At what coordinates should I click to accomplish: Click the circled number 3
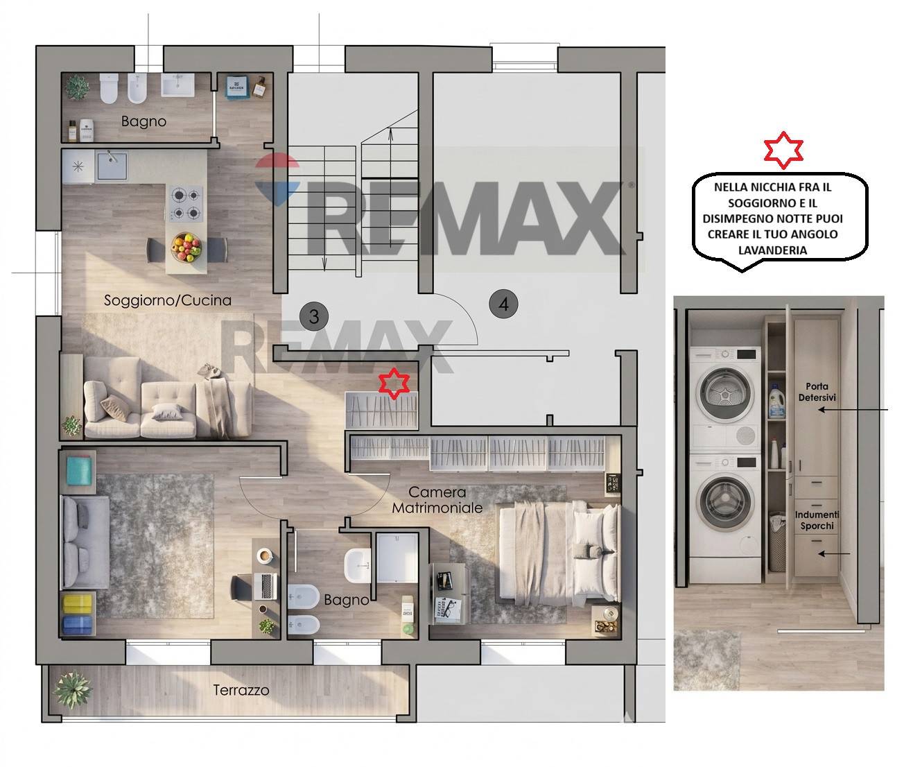click(x=314, y=316)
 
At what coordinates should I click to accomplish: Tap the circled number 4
click(x=504, y=304)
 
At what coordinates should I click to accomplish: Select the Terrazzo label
click(x=241, y=690)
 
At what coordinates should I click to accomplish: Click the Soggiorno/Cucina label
click(x=168, y=300)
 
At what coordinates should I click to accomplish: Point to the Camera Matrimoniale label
click(x=437, y=500)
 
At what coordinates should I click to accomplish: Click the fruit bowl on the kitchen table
click(x=186, y=247)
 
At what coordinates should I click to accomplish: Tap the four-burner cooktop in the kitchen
click(x=186, y=203)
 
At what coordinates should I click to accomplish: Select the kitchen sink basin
click(x=112, y=166)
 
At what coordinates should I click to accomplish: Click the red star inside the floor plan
click(x=394, y=383)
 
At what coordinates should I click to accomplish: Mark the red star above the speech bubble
click(x=783, y=150)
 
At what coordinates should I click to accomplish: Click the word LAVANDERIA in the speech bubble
click(x=772, y=250)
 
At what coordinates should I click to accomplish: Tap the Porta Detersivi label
click(x=817, y=392)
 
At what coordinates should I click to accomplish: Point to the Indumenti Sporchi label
click(x=817, y=520)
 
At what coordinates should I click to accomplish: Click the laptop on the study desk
click(x=266, y=586)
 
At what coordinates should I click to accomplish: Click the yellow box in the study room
click(x=78, y=604)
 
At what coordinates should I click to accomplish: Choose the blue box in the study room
click(x=78, y=625)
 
